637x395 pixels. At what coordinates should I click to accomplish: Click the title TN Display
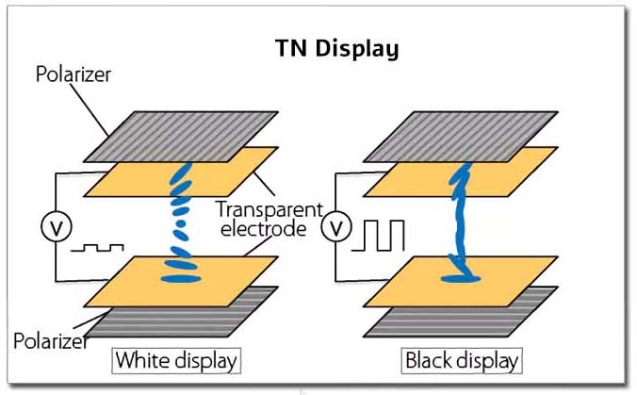click(x=336, y=49)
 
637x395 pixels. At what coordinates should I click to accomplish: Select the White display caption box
click(x=176, y=360)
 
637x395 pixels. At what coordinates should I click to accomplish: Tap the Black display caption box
click(x=462, y=360)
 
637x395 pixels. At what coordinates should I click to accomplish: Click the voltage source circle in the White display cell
click(x=57, y=227)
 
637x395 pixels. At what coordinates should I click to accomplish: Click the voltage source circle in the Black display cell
click(x=336, y=227)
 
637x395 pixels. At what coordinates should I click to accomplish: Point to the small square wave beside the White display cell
click(x=97, y=248)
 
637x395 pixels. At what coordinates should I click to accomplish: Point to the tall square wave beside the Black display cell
click(x=378, y=236)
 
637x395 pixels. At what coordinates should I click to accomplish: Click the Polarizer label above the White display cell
click(x=73, y=74)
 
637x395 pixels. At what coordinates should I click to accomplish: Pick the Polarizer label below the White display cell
click(x=50, y=340)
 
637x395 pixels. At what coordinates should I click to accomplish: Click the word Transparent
click(x=269, y=209)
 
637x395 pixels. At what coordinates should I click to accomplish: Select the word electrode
click(x=263, y=228)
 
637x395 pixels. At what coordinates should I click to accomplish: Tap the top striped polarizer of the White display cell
click(x=181, y=137)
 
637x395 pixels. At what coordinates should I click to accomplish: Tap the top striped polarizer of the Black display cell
click(x=461, y=137)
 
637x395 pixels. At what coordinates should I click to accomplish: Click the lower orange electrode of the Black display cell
click(x=461, y=281)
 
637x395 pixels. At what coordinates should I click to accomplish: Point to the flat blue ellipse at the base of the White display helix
click(x=181, y=279)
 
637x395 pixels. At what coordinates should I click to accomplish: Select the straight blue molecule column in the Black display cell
click(x=460, y=220)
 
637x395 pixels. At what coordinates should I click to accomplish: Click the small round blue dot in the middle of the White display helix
click(x=181, y=223)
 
